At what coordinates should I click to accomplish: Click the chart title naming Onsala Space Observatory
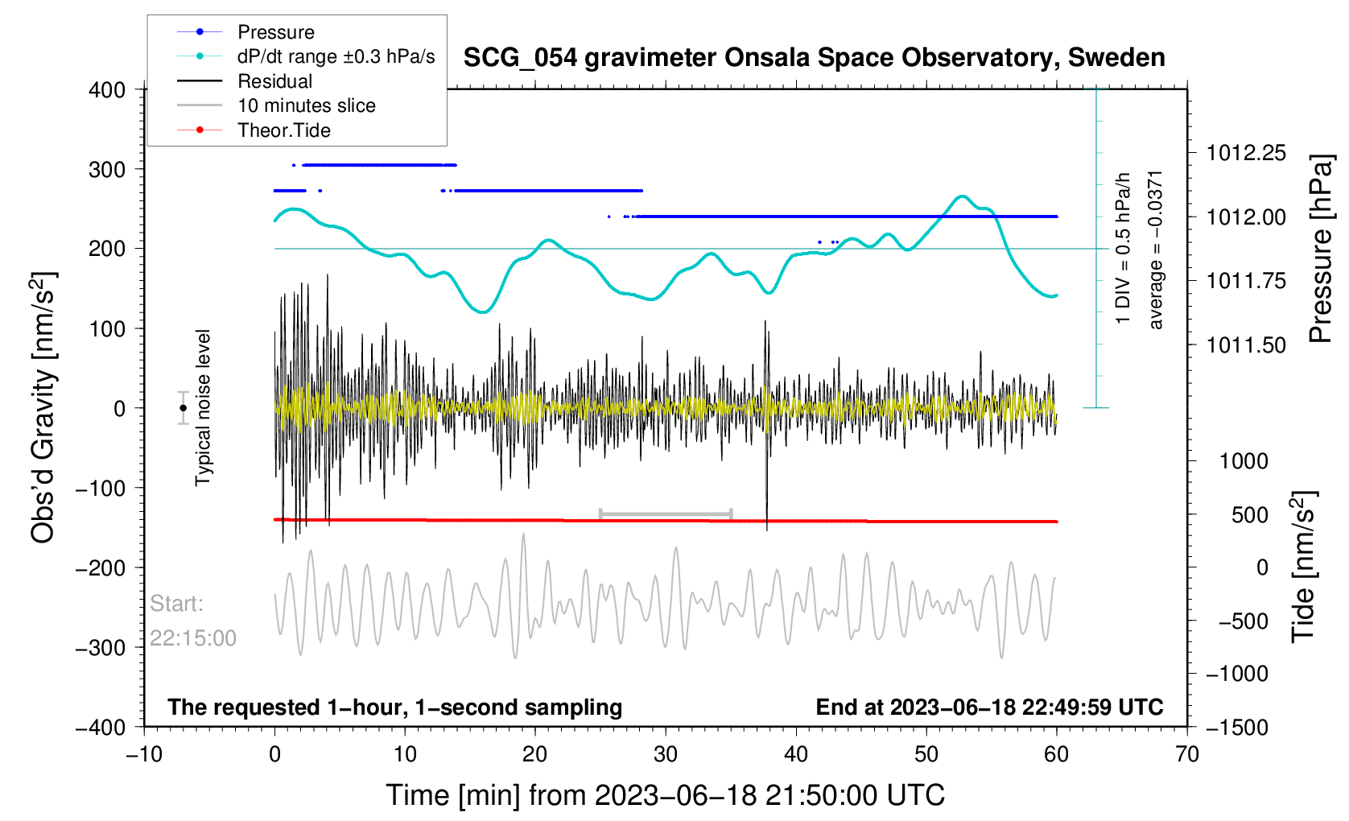pos(814,58)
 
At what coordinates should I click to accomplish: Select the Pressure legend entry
pos(275,32)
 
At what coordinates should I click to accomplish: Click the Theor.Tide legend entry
pos(283,130)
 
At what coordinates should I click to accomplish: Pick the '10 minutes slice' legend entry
pos(306,105)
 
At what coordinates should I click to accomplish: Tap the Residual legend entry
pos(274,81)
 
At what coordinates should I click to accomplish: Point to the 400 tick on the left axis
pos(107,90)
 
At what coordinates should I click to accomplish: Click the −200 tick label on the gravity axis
pos(101,567)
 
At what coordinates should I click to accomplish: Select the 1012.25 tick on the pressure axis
pos(1246,153)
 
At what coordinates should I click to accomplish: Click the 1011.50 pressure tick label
pos(1246,345)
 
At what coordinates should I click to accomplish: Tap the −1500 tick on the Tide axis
pos(1236,727)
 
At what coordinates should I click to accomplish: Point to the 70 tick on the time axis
pos(1186,755)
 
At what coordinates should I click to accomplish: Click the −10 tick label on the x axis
pos(144,755)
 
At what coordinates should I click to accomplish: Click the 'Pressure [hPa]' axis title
pos(1321,250)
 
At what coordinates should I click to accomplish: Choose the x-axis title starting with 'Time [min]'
pos(665,795)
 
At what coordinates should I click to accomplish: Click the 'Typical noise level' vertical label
pos(203,407)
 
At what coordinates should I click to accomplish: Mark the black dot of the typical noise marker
pos(184,408)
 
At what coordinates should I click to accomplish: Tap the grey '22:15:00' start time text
pos(193,638)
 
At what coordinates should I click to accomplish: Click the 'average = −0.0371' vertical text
pos(1156,250)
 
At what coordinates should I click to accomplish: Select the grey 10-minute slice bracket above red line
pos(666,514)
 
